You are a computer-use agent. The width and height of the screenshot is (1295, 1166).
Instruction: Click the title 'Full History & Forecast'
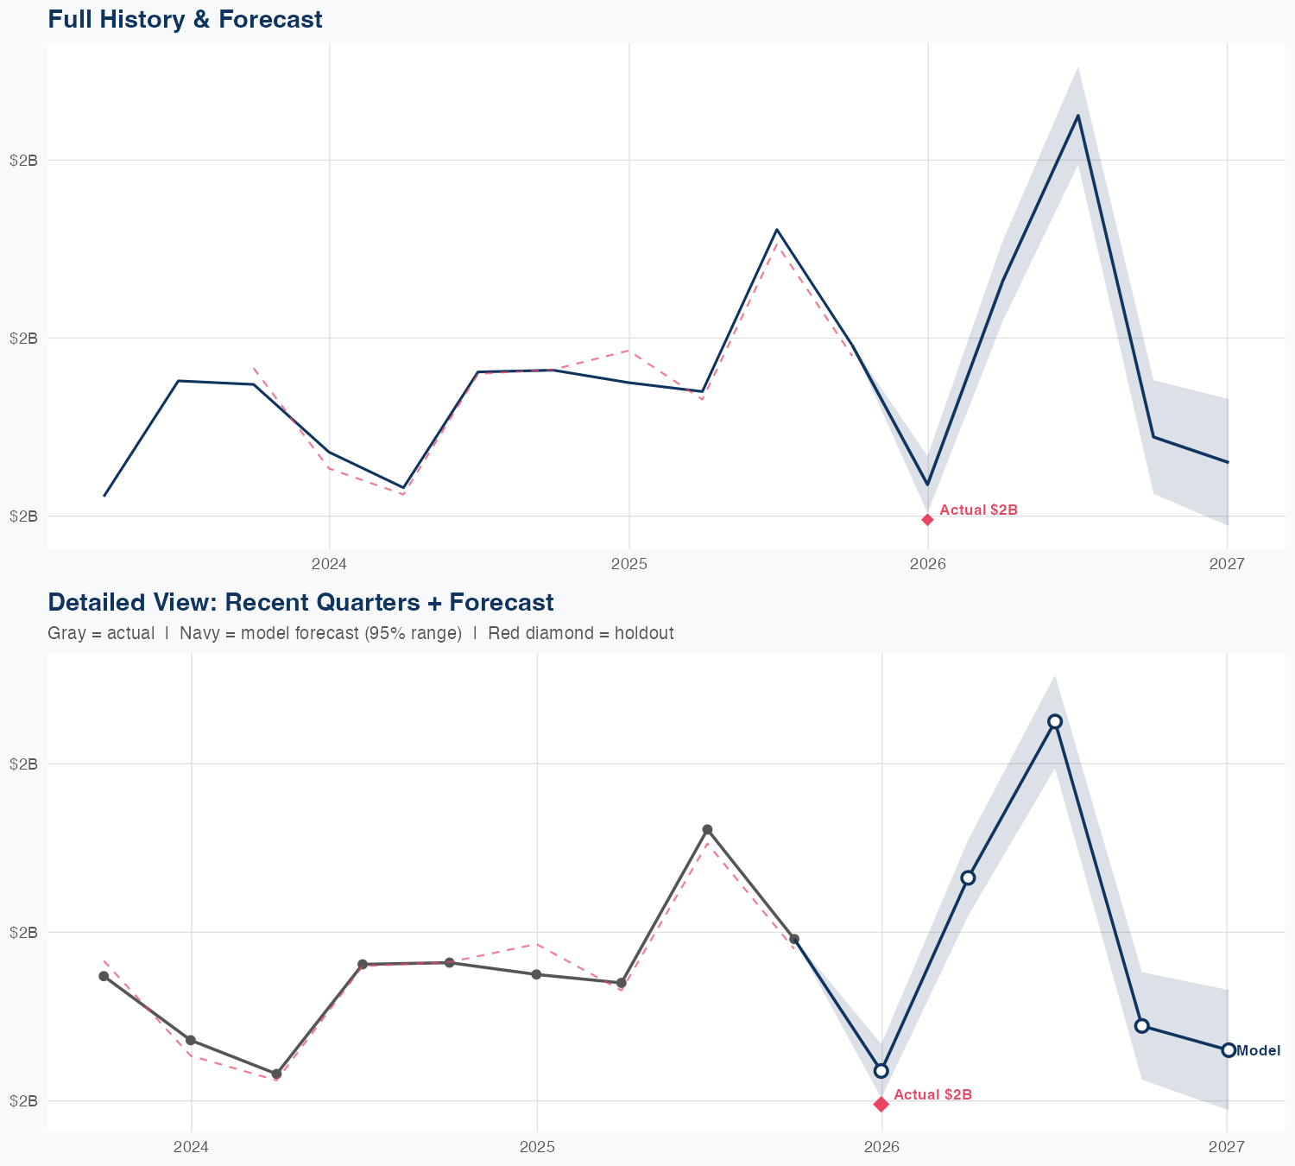pos(185,19)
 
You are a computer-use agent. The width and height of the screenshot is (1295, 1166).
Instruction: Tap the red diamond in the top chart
pos(927,519)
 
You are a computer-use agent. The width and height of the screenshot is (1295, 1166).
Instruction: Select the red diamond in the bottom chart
pos(881,1104)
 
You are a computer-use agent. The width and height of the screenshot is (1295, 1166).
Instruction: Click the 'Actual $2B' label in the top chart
pos(978,510)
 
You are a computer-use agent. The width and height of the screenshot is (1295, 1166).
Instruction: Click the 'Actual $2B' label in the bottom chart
pos(932,1094)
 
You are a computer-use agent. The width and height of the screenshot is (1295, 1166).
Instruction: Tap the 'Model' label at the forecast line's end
pos(1258,1050)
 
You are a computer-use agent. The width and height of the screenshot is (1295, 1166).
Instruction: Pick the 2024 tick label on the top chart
pos(329,564)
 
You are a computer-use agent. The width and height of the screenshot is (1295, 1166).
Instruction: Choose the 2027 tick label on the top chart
pos(1227,564)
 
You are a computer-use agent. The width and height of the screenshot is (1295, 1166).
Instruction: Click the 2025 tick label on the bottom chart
pos(537,1147)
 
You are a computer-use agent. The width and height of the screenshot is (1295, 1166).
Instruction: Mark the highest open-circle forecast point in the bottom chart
pos(1055,721)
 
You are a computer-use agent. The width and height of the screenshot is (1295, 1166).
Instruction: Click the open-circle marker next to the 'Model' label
pos(1228,1050)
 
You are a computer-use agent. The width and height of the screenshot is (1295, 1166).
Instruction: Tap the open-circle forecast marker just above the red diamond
pos(881,1071)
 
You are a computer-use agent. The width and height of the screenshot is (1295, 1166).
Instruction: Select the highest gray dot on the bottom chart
pos(707,829)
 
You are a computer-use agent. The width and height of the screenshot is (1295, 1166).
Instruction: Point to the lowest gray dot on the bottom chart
pos(276,1074)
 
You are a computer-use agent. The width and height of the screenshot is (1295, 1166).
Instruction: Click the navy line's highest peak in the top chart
pos(1077,115)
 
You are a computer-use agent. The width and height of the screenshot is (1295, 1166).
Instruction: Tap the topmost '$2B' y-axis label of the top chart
pos(23,160)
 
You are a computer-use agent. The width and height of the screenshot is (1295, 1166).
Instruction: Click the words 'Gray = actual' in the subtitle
pos(101,633)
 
